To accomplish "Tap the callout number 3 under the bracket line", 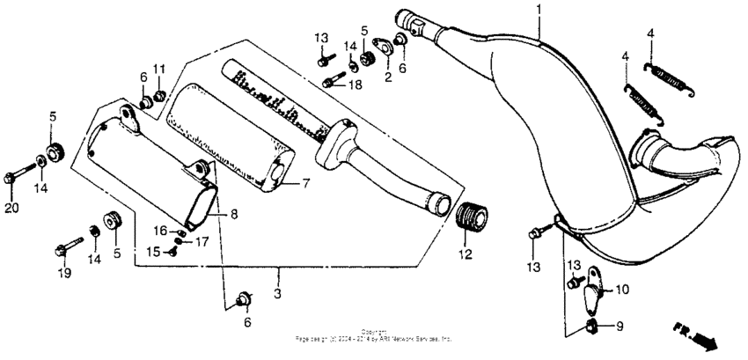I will [x=277, y=292].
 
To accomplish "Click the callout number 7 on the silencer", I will [x=305, y=184].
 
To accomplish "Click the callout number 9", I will [x=618, y=327].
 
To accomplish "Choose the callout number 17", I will [x=202, y=240].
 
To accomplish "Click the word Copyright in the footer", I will [x=374, y=332].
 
